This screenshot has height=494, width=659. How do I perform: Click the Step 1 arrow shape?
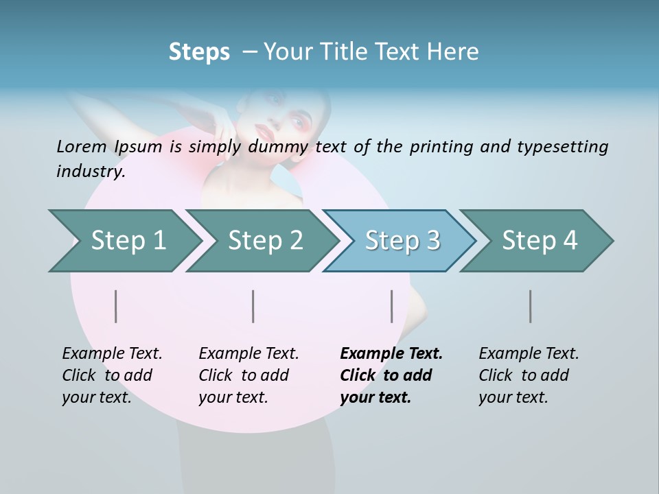pos(128,241)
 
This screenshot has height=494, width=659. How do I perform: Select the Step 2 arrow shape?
pos(265,241)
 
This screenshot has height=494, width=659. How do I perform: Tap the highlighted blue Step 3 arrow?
pos(402,241)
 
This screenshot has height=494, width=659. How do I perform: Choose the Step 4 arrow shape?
pos(540,241)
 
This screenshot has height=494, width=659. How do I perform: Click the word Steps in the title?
pos(199,52)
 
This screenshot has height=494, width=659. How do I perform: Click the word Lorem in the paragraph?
pos(81,146)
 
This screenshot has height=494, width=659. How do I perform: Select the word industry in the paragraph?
pos(90,172)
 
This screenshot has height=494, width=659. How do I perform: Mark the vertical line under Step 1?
pos(116,306)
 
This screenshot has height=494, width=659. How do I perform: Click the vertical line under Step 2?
pos(253,306)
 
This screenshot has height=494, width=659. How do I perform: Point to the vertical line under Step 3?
pos(392,306)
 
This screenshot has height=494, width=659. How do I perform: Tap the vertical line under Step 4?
pos(531,306)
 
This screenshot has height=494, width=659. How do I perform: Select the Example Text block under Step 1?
pos(111,375)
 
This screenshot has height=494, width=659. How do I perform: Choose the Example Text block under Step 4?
pos(528,375)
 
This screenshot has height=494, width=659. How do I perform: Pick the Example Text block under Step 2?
pos(248,375)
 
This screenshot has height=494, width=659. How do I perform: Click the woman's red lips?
pos(264,128)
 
